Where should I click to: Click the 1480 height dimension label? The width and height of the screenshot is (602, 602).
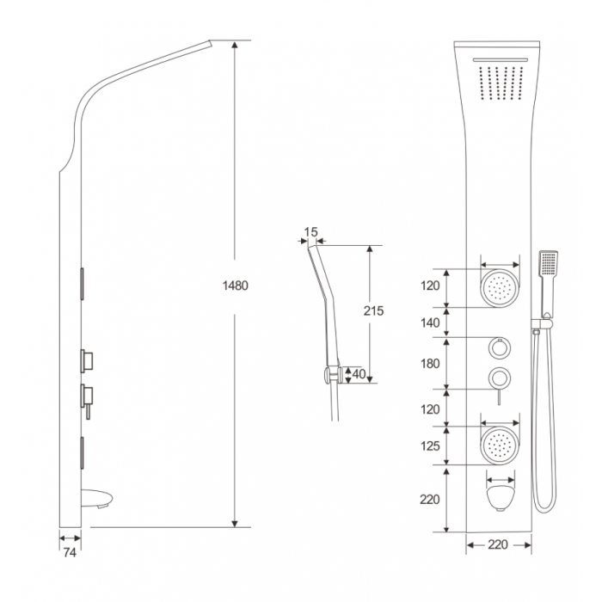point(236,286)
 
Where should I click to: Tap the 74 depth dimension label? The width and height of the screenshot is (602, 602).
point(70,552)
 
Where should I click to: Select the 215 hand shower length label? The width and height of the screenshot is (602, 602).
point(373,310)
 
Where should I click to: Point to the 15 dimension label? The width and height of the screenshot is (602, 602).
point(311,232)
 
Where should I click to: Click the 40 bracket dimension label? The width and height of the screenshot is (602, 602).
point(359,374)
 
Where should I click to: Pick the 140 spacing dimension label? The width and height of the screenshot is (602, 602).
point(430,323)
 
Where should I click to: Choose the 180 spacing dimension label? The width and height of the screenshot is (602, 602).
point(430,363)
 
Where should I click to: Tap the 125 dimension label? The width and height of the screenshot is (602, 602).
point(430,446)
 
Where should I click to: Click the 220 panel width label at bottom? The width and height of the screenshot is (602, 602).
point(498,544)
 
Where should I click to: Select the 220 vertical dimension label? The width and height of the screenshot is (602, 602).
point(430,500)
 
